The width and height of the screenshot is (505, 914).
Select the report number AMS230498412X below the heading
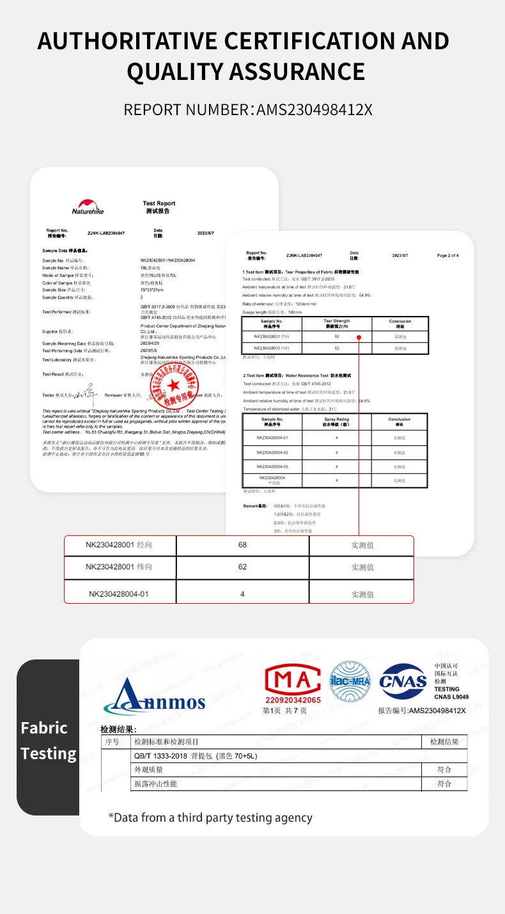click(314, 110)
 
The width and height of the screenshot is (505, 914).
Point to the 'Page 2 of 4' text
click(447, 255)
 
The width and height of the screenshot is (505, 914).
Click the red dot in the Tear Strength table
click(359, 337)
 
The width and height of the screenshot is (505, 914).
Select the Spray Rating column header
click(336, 422)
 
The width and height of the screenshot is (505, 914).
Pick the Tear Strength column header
click(336, 323)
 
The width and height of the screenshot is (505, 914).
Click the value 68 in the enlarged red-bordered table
click(242, 545)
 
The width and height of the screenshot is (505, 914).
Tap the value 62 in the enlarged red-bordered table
click(242, 567)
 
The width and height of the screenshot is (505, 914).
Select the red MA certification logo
click(292, 679)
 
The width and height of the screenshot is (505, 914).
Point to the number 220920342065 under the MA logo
click(292, 700)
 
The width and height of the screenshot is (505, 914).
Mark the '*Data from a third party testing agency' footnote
click(210, 817)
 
